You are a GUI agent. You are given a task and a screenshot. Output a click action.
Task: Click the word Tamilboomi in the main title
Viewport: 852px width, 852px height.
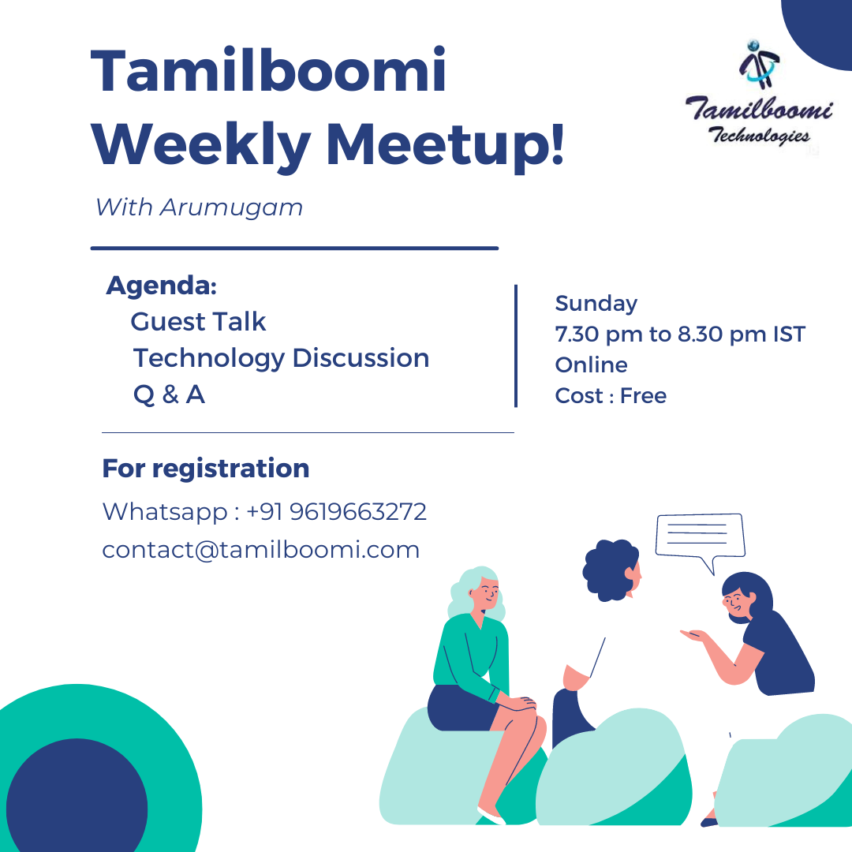(268, 71)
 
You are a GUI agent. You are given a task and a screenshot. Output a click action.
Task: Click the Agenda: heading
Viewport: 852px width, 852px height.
(162, 286)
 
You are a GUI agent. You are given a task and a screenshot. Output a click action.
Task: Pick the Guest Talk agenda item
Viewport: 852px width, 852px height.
(198, 322)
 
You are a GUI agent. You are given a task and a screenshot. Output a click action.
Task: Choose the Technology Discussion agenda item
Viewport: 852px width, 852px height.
(282, 359)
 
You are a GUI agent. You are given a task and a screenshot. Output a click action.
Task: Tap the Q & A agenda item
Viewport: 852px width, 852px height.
(169, 394)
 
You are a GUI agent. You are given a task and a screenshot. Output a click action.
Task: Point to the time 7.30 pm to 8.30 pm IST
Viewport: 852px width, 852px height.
(680, 334)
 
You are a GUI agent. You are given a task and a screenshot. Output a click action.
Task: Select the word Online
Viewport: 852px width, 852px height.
(591, 365)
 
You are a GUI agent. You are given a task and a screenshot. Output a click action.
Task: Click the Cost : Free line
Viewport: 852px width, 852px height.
(610, 395)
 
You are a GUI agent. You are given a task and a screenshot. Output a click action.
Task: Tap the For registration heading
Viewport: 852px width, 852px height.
(206, 469)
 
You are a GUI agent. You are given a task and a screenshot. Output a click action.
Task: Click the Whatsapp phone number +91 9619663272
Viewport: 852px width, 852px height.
(336, 512)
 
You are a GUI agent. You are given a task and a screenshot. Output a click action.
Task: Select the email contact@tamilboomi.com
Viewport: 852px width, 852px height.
(261, 550)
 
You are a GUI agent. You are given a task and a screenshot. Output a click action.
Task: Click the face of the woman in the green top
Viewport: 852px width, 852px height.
(486, 594)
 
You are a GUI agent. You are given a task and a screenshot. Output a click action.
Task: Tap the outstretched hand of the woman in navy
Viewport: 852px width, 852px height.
(694, 635)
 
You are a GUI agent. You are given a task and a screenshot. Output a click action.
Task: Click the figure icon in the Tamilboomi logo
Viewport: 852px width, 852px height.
(760, 65)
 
